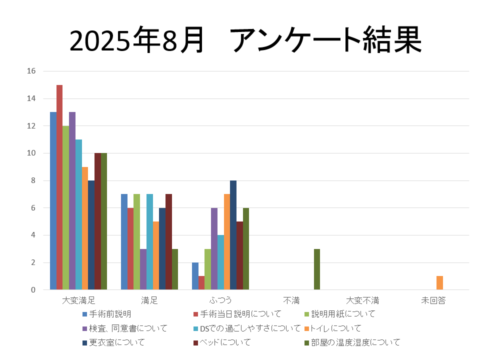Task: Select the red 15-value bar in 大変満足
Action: tap(59, 187)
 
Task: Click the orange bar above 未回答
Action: tap(439, 283)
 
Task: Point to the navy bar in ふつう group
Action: tap(233, 235)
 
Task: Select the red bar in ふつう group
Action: tap(201, 283)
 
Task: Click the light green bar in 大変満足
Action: tap(66, 207)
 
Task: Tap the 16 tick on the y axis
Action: tap(31, 71)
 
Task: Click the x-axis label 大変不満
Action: tap(362, 301)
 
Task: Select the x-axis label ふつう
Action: tap(220, 301)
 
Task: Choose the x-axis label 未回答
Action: tap(433, 301)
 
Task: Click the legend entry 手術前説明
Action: tap(110, 314)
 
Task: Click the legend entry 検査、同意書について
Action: tap(128, 328)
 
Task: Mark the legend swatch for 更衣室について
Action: tap(85, 342)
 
